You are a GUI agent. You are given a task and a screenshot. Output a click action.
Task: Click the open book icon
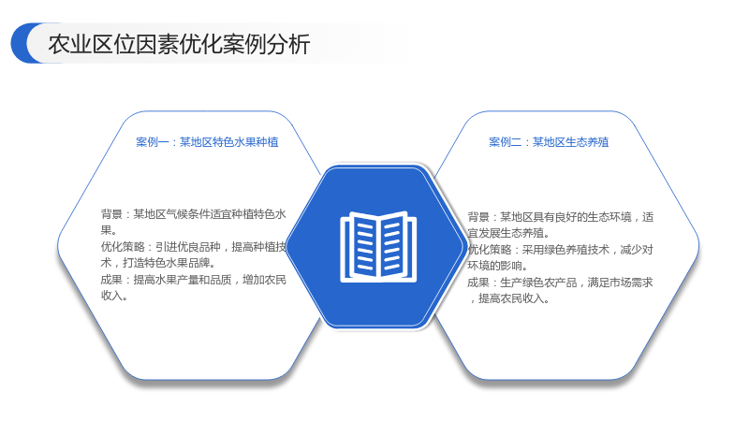click(x=378, y=247)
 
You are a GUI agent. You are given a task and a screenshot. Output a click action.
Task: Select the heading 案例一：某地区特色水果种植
click(x=207, y=142)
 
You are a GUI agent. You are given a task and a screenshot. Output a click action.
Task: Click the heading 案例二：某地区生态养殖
click(x=549, y=142)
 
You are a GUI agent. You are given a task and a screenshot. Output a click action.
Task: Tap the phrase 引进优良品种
click(x=188, y=247)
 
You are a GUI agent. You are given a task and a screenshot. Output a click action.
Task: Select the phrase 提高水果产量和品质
click(x=183, y=280)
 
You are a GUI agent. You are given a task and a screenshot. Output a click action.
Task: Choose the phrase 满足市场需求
click(x=620, y=283)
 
